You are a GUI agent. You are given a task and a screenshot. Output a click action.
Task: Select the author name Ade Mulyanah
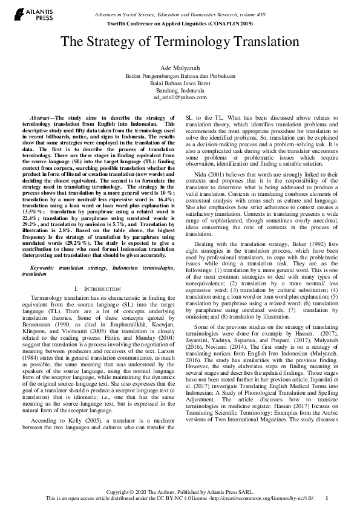click(180, 68)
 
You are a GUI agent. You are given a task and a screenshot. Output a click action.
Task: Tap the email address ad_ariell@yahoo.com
click(180, 97)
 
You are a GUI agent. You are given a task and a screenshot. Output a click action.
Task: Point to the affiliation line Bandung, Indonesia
click(180, 89)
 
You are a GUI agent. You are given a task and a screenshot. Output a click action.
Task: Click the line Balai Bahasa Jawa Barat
click(180, 83)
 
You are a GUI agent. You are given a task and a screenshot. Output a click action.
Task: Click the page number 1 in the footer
click(327, 498)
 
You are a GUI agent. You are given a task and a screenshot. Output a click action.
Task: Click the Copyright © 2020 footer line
click(180, 492)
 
